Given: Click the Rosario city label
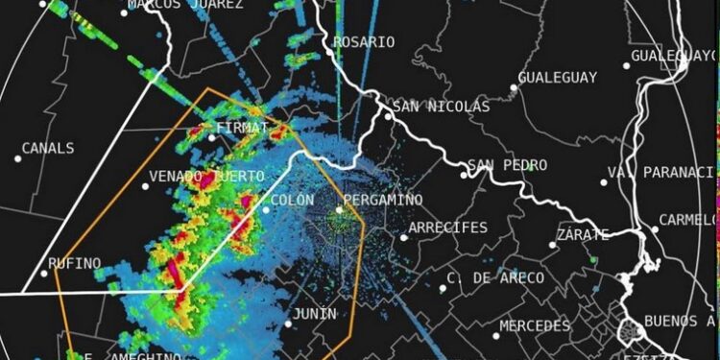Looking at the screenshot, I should click(x=364, y=42).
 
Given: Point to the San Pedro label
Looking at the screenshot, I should click(x=513, y=166).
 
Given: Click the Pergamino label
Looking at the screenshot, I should click(x=383, y=199).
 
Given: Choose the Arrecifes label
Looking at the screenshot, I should click(x=448, y=228).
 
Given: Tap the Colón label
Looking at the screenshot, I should click(x=293, y=200).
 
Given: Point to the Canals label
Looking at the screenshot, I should click(x=47, y=149).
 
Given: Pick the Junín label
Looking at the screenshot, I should click(x=315, y=314).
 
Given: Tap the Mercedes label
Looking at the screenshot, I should click(x=536, y=326).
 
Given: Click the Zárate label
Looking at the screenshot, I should click(x=583, y=235).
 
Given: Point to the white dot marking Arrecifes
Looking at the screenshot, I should click(x=404, y=237).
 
